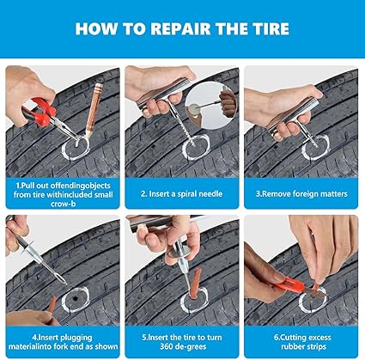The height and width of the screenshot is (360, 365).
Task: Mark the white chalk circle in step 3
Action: [x=315, y=149]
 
